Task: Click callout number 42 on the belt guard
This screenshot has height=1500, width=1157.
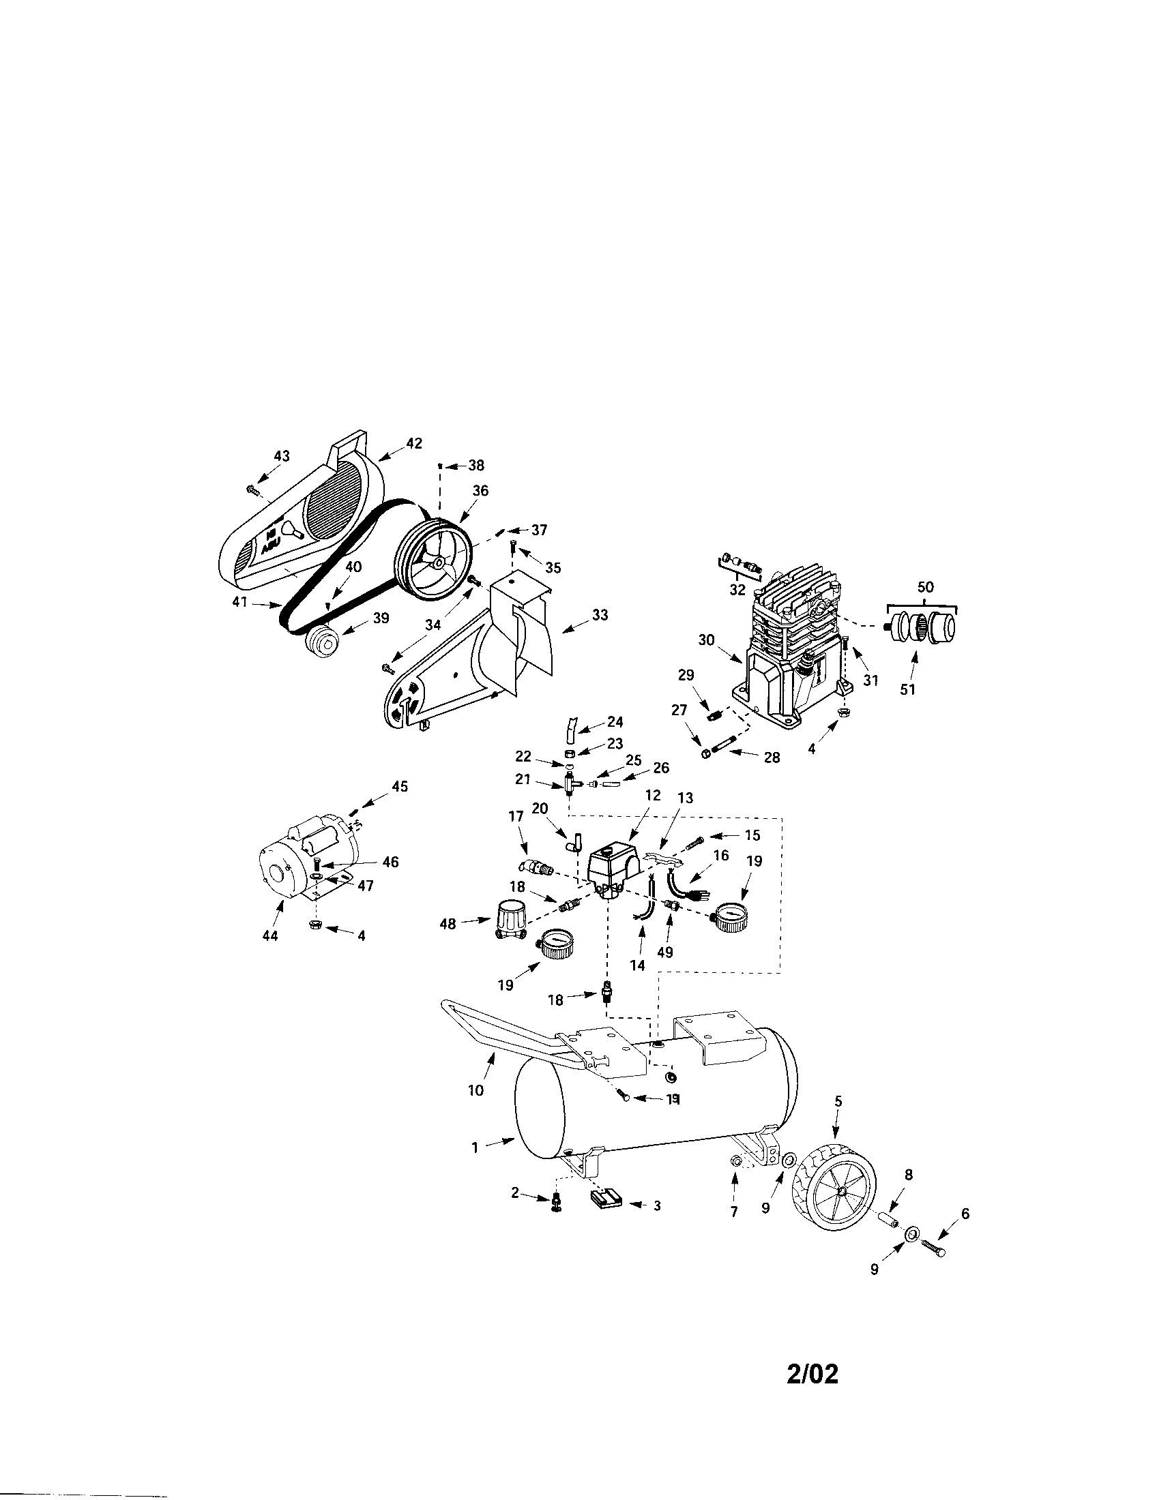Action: pos(413,444)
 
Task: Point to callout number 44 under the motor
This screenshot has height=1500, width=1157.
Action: pos(270,935)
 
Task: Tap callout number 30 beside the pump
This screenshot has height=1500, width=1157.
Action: pos(707,640)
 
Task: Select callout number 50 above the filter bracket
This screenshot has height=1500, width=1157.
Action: pos(926,587)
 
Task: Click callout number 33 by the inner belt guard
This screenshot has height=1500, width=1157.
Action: pos(600,616)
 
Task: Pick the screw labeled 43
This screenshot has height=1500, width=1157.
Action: pos(252,489)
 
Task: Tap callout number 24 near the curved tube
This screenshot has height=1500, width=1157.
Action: pos(614,722)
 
